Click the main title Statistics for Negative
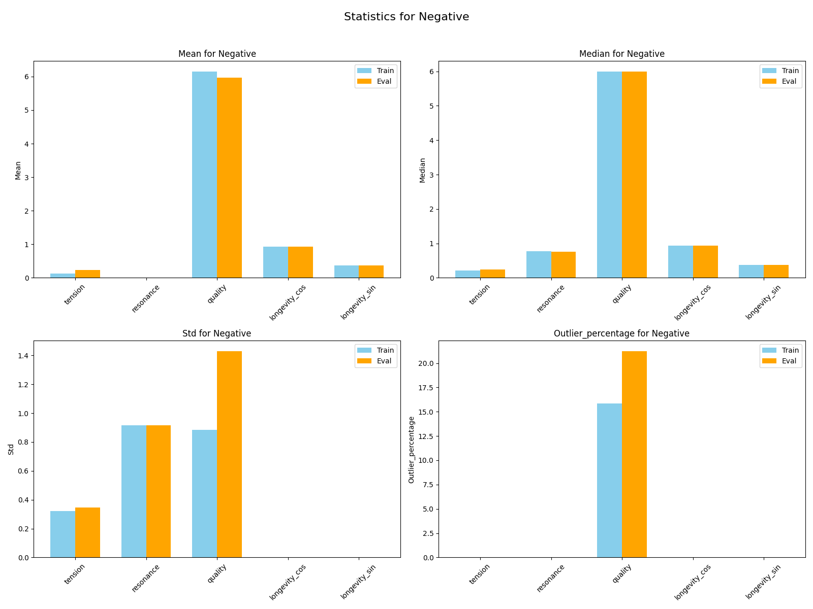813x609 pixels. click(x=407, y=17)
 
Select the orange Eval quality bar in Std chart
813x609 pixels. click(x=229, y=454)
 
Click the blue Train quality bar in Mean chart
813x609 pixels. click(x=204, y=175)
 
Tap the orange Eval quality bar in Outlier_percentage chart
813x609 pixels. click(x=634, y=454)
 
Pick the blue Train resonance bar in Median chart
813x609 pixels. click(x=539, y=264)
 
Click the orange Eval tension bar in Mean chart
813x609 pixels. click(x=87, y=274)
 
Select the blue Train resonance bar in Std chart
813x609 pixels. click(x=134, y=491)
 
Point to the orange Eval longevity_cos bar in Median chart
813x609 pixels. click(x=705, y=262)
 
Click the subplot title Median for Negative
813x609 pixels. click(x=621, y=54)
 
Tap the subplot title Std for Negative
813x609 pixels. click(x=216, y=333)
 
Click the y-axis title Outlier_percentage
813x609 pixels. click(x=412, y=449)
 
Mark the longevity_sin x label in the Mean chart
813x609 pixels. click(x=359, y=302)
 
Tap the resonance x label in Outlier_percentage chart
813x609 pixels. click(x=550, y=579)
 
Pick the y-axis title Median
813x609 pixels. click(x=422, y=170)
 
